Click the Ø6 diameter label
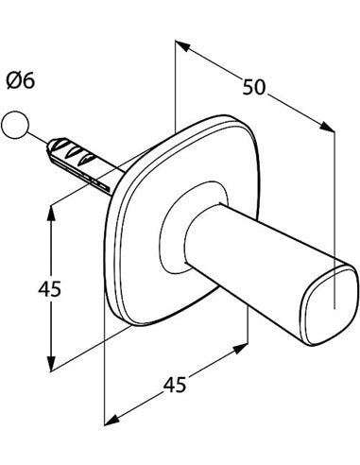(20, 80)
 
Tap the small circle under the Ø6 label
(15, 125)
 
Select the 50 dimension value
(254, 87)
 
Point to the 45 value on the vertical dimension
(49, 288)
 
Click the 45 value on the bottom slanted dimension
(175, 384)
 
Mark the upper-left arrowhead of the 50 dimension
(182, 45)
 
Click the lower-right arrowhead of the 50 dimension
(327, 127)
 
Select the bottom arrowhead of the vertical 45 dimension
(51, 363)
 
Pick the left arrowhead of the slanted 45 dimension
(111, 421)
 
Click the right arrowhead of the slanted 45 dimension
(240, 349)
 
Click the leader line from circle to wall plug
(38, 138)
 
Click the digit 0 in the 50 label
(260, 87)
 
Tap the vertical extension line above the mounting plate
(175, 87)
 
